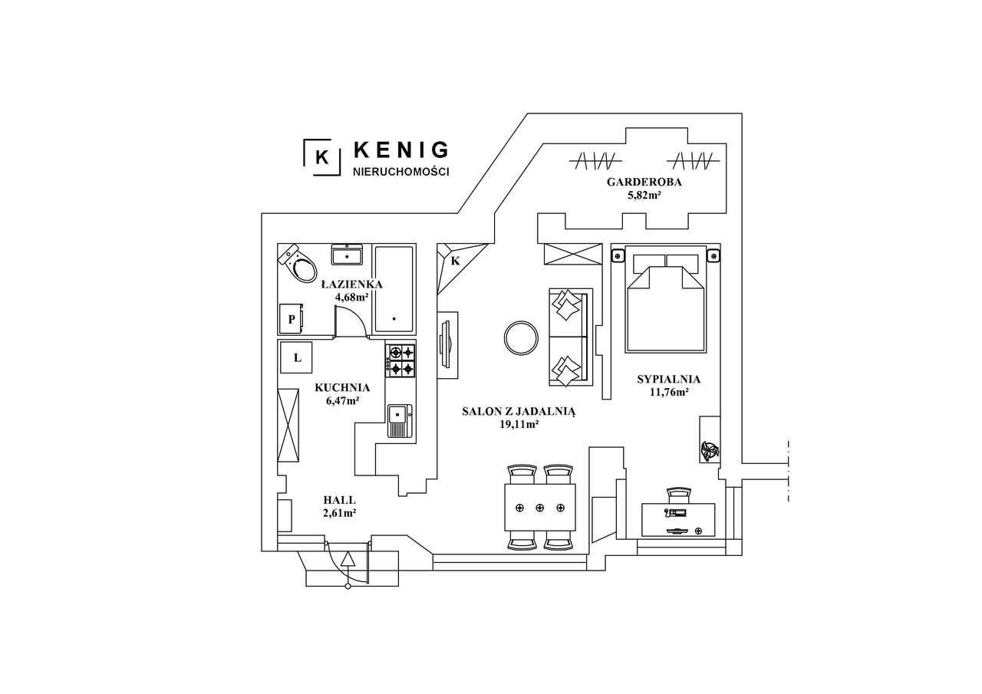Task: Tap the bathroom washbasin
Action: click(348, 255)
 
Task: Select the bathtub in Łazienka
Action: click(394, 289)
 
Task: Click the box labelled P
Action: click(292, 319)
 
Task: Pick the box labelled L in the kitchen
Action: click(298, 357)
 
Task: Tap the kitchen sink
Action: click(400, 419)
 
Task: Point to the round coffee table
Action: click(521, 337)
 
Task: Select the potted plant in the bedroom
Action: click(710, 451)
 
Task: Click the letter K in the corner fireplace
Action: click(455, 261)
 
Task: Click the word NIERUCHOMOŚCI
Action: click(400, 172)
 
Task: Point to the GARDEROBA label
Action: click(644, 183)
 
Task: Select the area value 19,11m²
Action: click(519, 424)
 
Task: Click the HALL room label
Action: click(340, 500)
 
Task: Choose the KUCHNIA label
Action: click(342, 388)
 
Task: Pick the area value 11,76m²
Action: click(669, 392)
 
